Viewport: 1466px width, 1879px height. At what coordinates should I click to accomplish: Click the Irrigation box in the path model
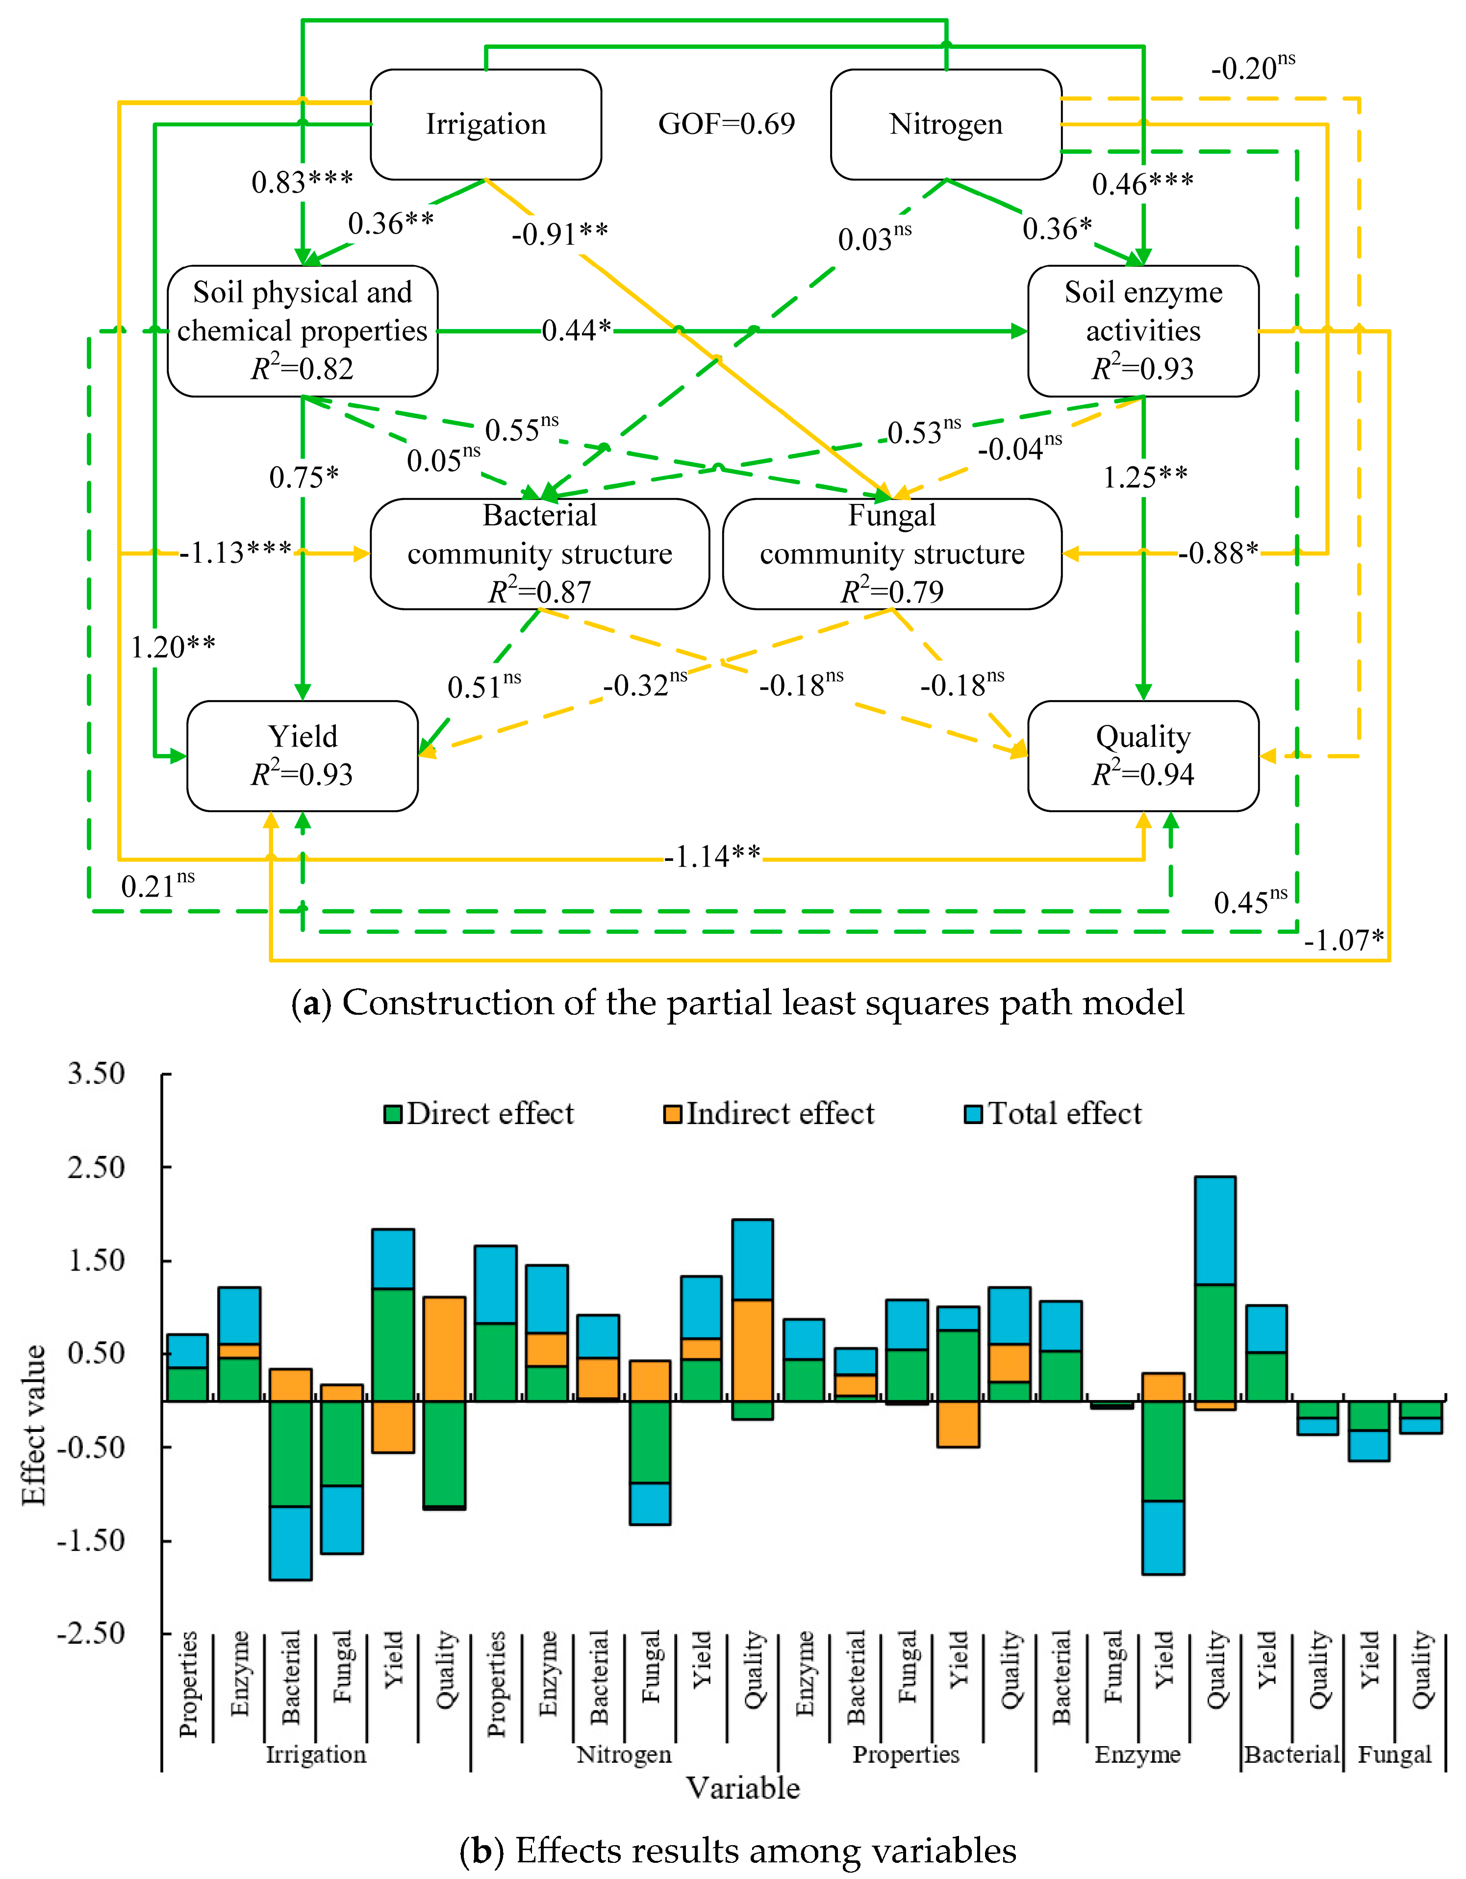coord(485,125)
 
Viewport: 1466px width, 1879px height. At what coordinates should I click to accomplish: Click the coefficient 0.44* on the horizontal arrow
coord(577,329)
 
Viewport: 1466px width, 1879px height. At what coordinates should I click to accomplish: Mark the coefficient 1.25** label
coord(1145,476)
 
